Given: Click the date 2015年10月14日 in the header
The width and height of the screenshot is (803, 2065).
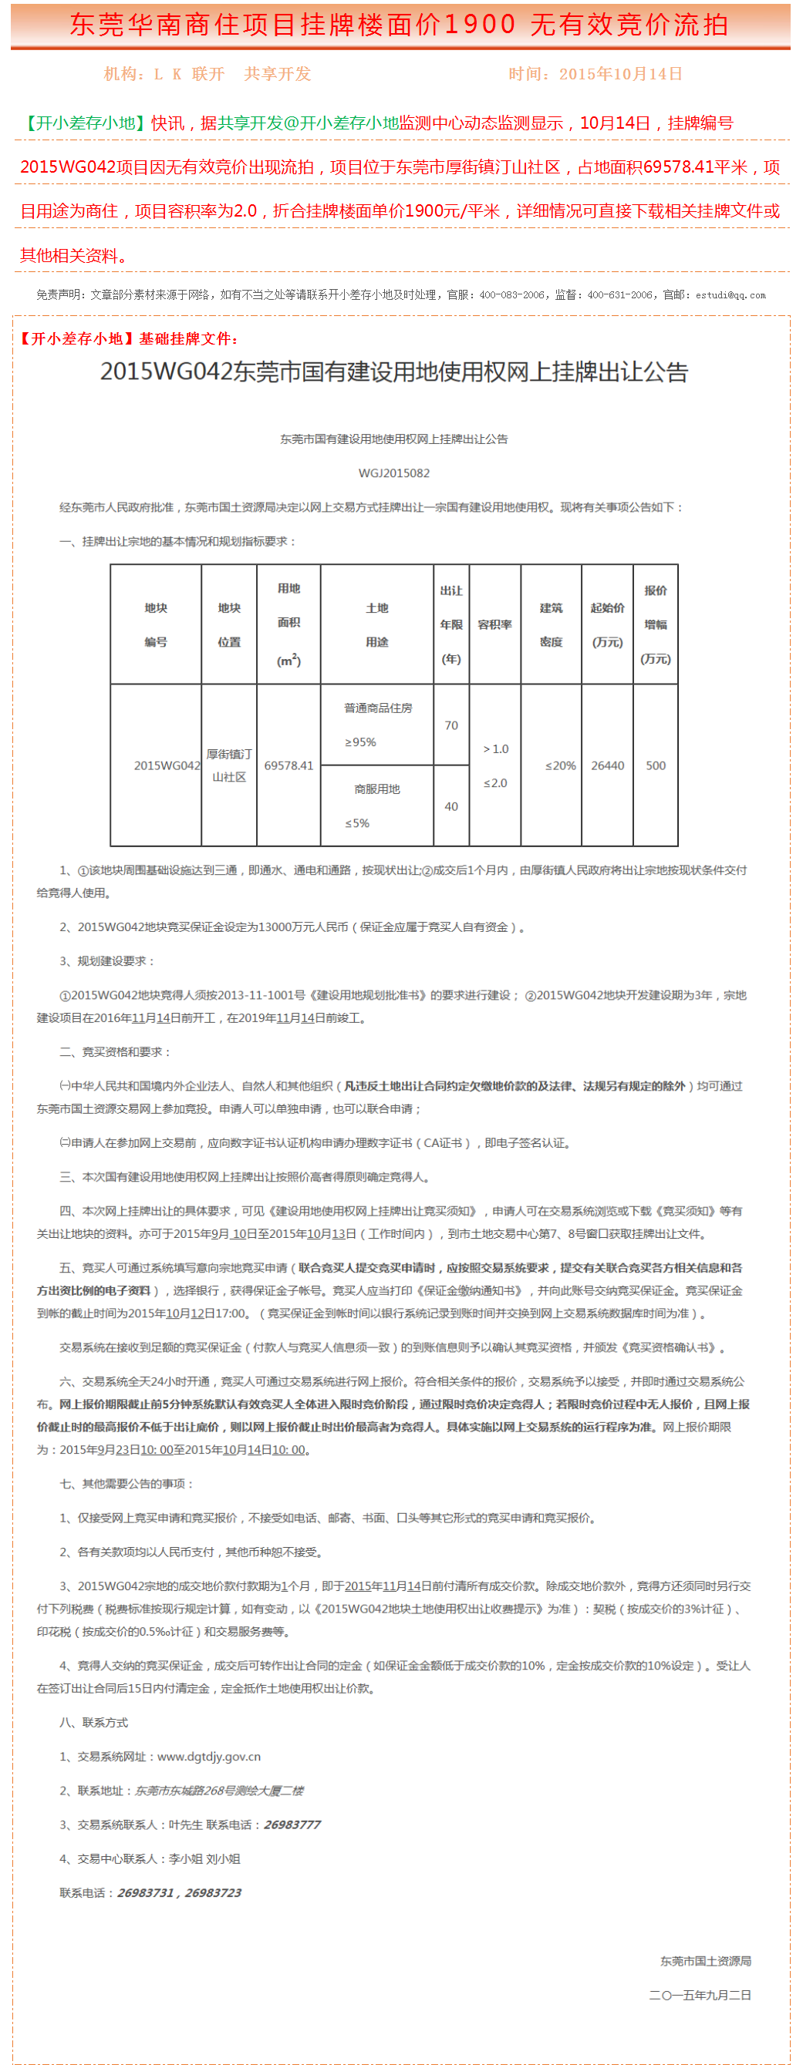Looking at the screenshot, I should click(x=620, y=74).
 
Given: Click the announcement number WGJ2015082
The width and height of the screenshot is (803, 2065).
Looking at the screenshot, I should click(x=394, y=473).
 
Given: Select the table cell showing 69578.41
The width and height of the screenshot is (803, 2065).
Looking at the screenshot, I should click(x=288, y=765).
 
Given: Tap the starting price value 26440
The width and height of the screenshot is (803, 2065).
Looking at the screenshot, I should click(x=607, y=765).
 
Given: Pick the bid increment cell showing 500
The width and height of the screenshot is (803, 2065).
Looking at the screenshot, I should click(x=656, y=765).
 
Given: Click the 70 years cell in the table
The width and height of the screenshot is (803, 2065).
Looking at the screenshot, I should click(x=451, y=725).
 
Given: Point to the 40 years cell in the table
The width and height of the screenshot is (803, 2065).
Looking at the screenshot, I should click(x=451, y=806).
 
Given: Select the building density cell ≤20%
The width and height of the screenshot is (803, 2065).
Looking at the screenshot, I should click(x=560, y=765).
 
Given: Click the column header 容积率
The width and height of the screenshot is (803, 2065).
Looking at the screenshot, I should click(x=495, y=624).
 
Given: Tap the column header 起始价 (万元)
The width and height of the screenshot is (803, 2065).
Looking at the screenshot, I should click(x=607, y=624).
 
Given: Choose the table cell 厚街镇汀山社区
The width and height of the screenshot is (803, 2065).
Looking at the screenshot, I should click(x=229, y=765).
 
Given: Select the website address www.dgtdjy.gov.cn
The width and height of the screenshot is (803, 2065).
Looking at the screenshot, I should click(x=208, y=1757).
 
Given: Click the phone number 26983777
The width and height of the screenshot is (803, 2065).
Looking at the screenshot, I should click(x=292, y=1825).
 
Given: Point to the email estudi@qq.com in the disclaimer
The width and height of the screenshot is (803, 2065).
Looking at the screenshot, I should click(x=730, y=295).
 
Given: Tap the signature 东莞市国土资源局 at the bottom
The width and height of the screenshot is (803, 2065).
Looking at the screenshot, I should click(x=705, y=1961).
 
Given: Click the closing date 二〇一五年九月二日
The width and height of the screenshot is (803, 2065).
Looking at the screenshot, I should click(x=700, y=1996).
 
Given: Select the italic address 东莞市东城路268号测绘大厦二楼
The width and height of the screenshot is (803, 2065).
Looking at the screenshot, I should click(x=219, y=1791).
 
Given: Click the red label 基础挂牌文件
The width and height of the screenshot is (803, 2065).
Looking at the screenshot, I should click(x=187, y=339).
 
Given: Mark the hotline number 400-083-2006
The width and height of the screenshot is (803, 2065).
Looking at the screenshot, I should click(x=511, y=295).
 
